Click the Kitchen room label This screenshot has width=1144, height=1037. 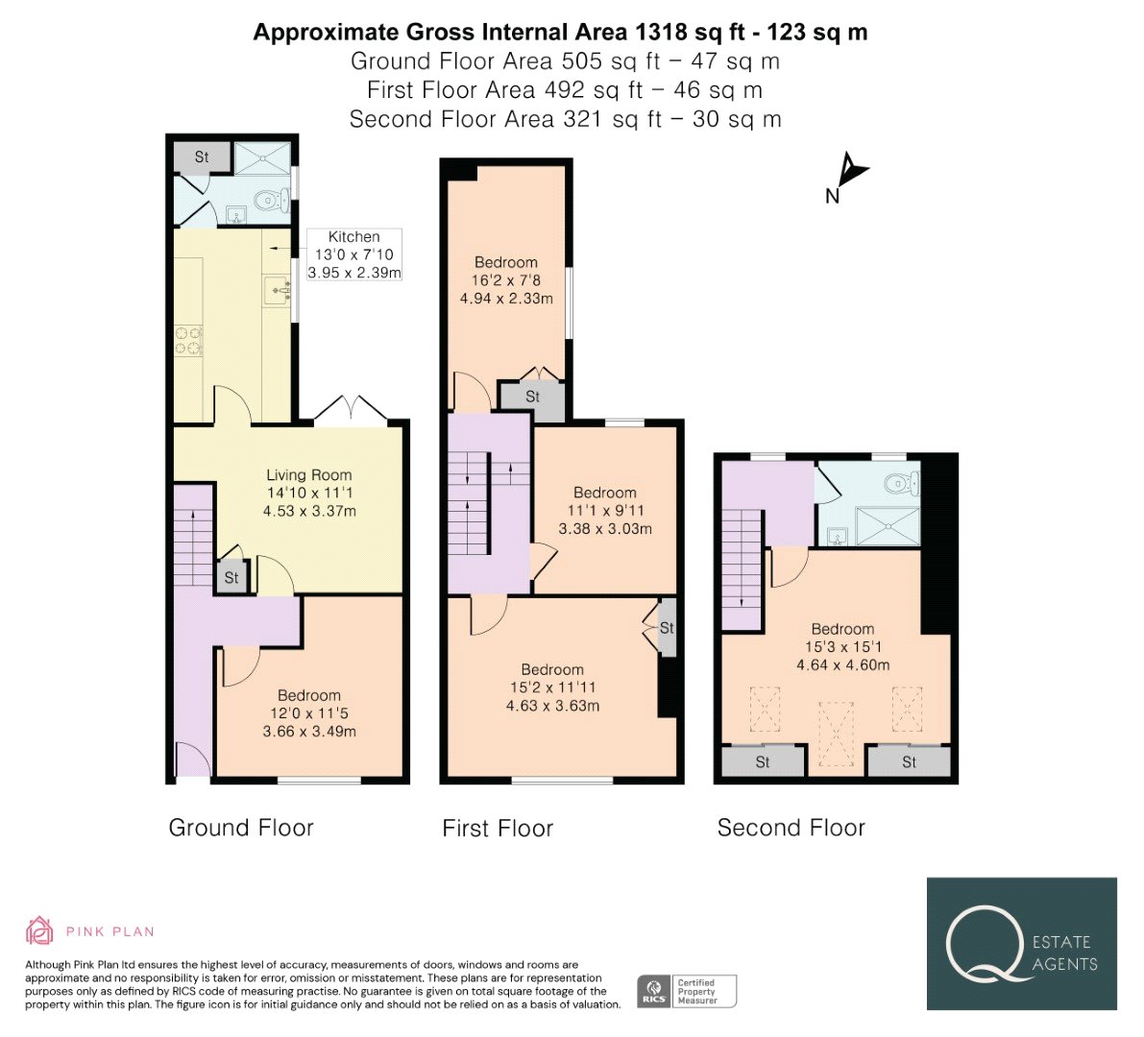click(x=353, y=237)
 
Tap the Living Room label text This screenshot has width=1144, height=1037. click(x=308, y=474)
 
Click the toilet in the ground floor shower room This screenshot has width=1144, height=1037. click(x=269, y=199)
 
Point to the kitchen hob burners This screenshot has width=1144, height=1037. click(x=188, y=341)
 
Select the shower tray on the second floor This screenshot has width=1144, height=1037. click(x=888, y=526)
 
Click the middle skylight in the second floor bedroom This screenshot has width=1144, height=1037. click(x=836, y=734)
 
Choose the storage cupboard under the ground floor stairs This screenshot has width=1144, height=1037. click(x=232, y=577)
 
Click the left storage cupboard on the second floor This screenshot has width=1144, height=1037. click(x=764, y=762)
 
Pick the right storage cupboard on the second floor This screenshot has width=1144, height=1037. click(x=909, y=762)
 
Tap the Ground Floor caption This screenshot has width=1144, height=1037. click(x=241, y=828)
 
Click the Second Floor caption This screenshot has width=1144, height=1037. click(x=791, y=828)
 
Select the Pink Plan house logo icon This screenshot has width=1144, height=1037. click(x=39, y=930)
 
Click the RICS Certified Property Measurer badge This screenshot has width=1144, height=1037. click(x=687, y=992)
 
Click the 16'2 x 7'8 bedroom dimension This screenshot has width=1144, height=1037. click(x=505, y=280)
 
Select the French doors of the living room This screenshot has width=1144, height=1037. click(x=351, y=409)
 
